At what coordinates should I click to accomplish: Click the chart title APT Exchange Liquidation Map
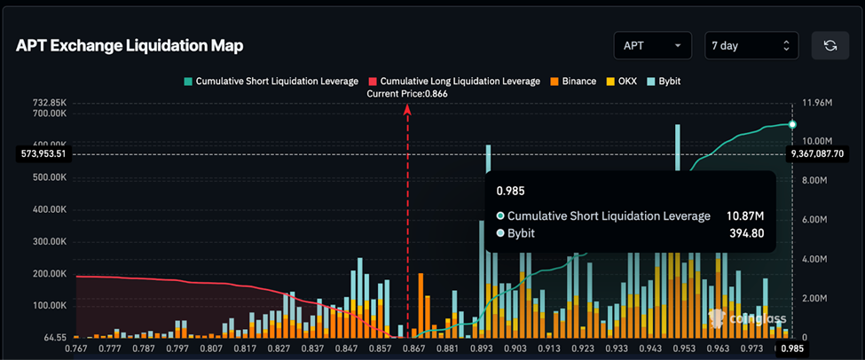(130, 45)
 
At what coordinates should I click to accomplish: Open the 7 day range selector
(751, 45)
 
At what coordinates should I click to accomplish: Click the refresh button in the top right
(830, 45)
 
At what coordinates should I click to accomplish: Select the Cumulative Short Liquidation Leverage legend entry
(271, 81)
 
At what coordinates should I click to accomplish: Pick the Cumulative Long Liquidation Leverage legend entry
(454, 81)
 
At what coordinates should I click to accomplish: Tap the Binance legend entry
(573, 81)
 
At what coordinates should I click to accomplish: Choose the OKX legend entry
(622, 81)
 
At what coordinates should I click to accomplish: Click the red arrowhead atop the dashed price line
(408, 109)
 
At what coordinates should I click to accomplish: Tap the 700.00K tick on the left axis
(50, 113)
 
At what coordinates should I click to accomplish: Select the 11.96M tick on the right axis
(817, 104)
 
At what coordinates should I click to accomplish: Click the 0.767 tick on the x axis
(77, 348)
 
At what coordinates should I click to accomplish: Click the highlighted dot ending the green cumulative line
(792, 124)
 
